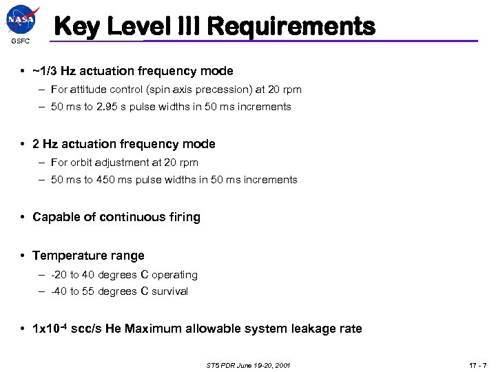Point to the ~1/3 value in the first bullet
tap(46, 71)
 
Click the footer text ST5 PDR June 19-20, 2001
tap(248, 364)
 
